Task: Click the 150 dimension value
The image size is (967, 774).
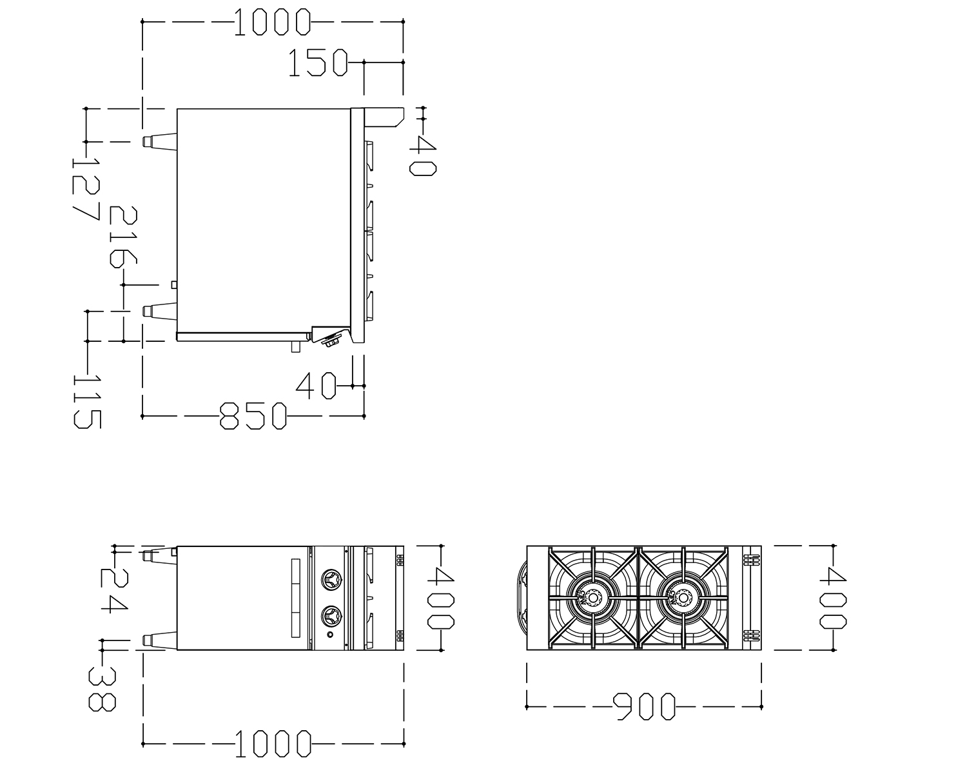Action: click(x=318, y=63)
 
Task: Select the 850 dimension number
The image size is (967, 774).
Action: click(x=253, y=416)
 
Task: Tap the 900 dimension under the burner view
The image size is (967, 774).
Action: click(x=645, y=706)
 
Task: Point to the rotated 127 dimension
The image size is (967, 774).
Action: click(x=86, y=189)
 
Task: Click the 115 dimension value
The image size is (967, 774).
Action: click(x=88, y=402)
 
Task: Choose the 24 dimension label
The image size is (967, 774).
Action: click(x=114, y=591)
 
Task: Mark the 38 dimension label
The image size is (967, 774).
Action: click(x=103, y=690)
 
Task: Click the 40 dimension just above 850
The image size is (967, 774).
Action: click(x=316, y=386)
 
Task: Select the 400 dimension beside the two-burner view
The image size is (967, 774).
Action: click(x=833, y=598)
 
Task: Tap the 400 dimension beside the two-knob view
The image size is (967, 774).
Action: click(x=441, y=598)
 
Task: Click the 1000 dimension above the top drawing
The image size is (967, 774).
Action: click(x=272, y=22)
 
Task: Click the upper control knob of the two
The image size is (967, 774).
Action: click(x=331, y=579)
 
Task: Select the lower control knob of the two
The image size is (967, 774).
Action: click(x=331, y=616)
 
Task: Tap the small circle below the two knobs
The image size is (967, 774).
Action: click(x=330, y=635)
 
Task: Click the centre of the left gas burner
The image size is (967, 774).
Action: click(x=593, y=598)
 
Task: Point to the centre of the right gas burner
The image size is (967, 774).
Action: click(x=683, y=598)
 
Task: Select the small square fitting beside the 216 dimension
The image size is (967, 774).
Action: click(x=174, y=284)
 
